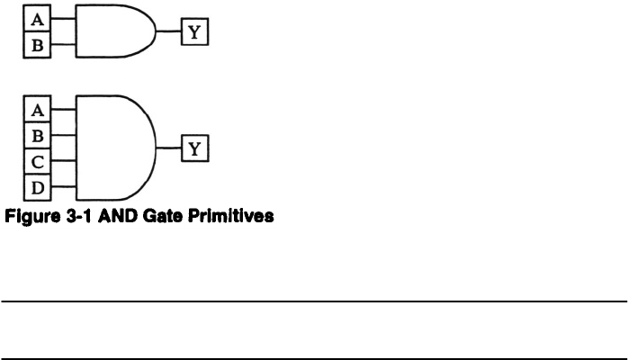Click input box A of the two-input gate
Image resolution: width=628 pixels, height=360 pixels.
[37, 18]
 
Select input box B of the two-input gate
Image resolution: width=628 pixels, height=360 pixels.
[37, 44]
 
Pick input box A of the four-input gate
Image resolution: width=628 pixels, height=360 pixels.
[37, 110]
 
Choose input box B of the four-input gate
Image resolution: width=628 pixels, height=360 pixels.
[37, 136]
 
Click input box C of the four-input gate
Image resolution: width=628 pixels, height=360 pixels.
[37, 162]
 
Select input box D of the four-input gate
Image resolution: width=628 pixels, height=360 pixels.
[37, 187]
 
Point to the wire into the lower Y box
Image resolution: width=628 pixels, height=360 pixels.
[171, 148]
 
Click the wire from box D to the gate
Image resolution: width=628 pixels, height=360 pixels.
[64, 187]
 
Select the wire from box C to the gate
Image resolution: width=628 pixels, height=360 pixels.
[64, 162]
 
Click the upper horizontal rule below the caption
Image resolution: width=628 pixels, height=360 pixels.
[314, 301]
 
